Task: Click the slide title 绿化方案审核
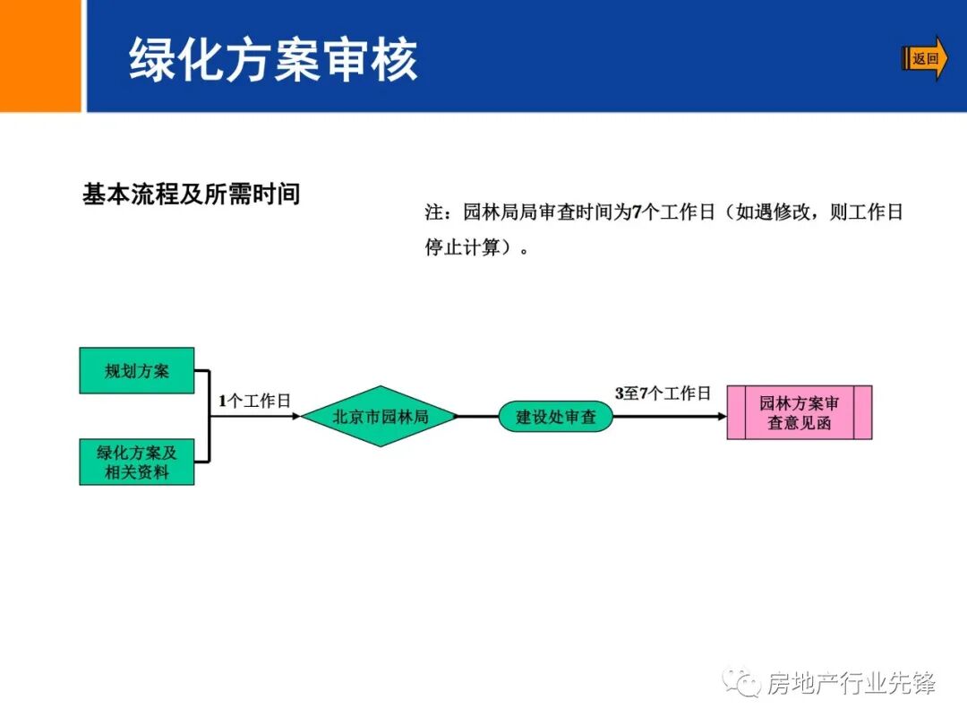pyautogui.click(x=273, y=60)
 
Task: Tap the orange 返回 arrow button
pyautogui.click(x=925, y=59)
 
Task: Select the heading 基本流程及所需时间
pyautogui.click(x=191, y=194)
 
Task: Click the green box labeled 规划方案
pyautogui.click(x=136, y=370)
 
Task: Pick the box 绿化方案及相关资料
pyautogui.click(x=136, y=462)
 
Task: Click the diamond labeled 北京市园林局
pyautogui.click(x=380, y=417)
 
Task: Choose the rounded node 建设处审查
pyautogui.click(x=555, y=417)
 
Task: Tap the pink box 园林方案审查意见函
pyautogui.click(x=799, y=412)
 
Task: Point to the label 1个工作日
pyautogui.click(x=255, y=402)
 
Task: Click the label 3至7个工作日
pyautogui.click(x=663, y=393)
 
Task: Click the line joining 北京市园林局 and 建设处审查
pyautogui.click(x=478, y=417)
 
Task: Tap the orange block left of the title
pyautogui.click(x=40, y=56)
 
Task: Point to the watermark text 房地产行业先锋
pyautogui.click(x=851, y=684)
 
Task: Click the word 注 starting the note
pyautogui.click(x=434, y=213)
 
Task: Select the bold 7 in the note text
pyautogui.click(x=638, y=213)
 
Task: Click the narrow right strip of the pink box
pyautogui.click(x=862, y=412)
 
